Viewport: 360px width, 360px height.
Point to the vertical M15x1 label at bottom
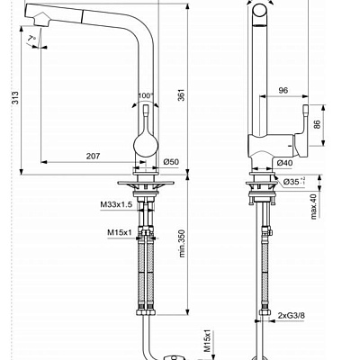click(x=206, y=340)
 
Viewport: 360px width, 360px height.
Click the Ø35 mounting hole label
click(x=292, y=183)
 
